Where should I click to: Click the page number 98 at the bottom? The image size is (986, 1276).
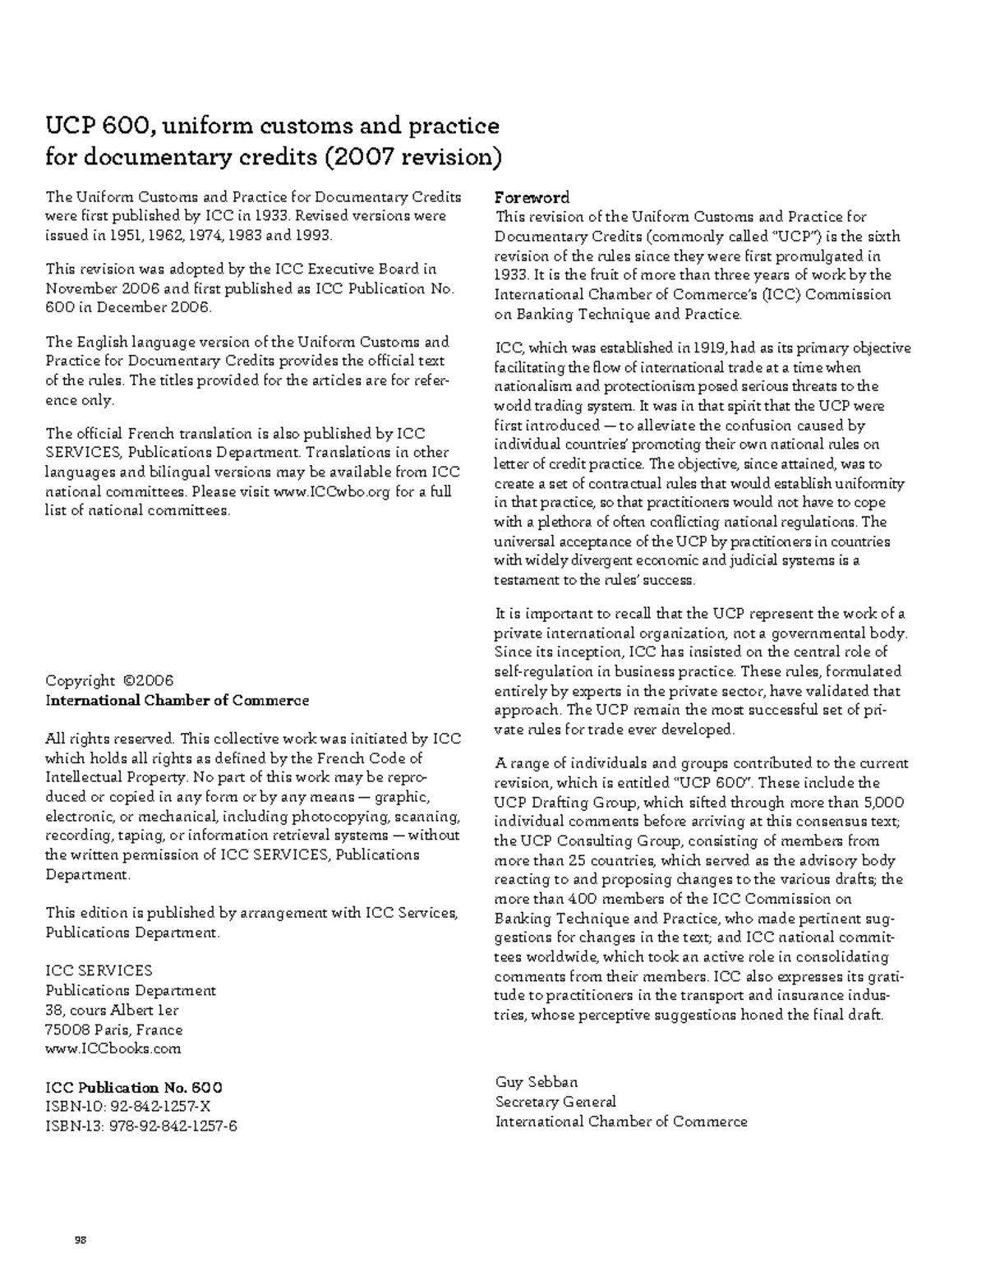tap(81, 1239)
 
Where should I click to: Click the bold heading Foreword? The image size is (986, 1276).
tap(532, 198)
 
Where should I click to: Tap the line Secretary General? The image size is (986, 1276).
tap(555, 1102)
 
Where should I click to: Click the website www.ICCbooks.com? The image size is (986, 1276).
tap(113, 1049)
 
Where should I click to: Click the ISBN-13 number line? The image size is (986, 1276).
tap(141, 1126)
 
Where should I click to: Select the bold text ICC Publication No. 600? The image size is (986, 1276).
tap(133, 1088)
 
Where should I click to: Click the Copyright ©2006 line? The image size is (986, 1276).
tap(109, 681)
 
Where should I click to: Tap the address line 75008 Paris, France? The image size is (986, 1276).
tap(114, 1030)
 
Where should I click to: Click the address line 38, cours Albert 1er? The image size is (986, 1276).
tap(113, 1011)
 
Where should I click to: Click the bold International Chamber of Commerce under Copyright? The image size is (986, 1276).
tap(177, 701)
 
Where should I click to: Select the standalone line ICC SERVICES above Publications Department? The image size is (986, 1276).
tap(99, 971)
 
